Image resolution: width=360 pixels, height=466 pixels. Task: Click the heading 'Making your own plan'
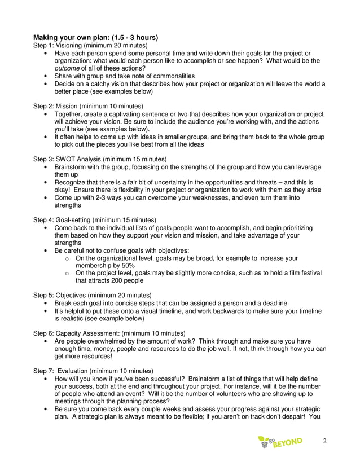coord(95,38)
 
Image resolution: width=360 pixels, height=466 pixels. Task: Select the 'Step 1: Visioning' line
coord(90,45)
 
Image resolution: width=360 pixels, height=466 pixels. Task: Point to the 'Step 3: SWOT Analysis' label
coord(100,159)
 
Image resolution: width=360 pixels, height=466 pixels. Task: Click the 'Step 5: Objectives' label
coord(93,295)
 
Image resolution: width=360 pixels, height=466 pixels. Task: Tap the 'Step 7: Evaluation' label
coord(93,371)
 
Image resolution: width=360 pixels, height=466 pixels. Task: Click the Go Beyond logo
coord(280,442)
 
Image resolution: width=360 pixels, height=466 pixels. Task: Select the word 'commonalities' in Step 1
coord(172,76)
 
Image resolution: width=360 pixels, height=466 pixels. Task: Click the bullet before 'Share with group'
coord(45,76)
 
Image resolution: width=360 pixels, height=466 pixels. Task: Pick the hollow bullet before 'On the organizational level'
coord(67,258)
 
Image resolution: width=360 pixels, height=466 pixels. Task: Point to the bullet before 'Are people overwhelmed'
coord(45,341)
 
